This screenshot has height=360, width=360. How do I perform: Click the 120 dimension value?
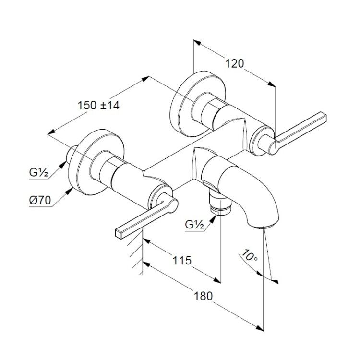234,63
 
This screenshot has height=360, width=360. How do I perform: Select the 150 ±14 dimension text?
98,106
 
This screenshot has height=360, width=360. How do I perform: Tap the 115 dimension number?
182,260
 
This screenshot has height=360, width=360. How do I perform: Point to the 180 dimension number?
204,296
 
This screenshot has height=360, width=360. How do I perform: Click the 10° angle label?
250,255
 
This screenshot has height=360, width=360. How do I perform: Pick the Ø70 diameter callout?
40,201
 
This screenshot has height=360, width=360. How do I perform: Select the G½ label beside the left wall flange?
38,173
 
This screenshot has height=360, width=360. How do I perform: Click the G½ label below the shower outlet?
194,225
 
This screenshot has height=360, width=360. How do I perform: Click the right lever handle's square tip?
323,116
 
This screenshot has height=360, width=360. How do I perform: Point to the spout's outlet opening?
265,227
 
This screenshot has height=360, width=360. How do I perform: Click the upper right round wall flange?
197,104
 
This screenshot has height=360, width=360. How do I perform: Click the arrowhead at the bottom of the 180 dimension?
260,328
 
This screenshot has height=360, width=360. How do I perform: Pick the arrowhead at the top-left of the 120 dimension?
197,42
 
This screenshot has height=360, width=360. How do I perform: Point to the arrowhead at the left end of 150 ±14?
51,132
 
